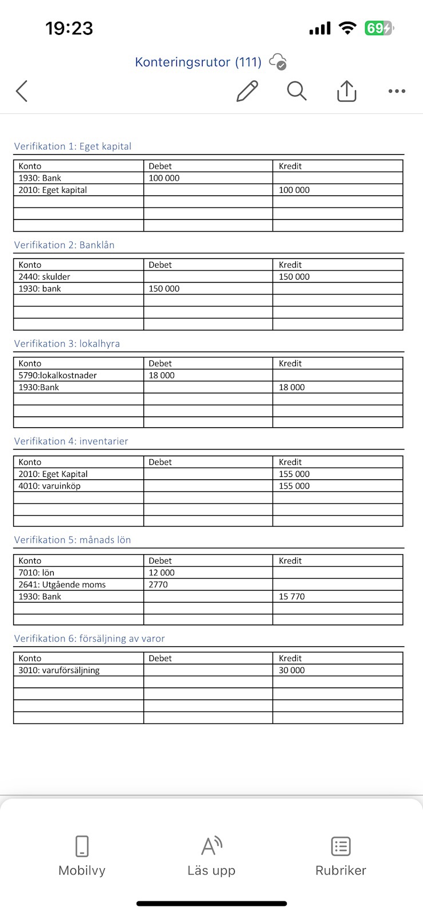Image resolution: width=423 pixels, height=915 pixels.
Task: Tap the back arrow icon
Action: [x=22, y=91]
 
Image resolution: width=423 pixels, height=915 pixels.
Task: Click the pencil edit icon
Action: [x=247, y=91]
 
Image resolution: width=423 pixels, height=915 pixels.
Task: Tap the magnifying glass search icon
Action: [x=297, y=91]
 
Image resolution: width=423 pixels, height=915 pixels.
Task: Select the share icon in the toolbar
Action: [x=346, y=91]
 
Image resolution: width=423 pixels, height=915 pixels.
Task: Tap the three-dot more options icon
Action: [x=397, y=91]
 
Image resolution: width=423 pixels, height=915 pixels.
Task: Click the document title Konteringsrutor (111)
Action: [x=198, y=62]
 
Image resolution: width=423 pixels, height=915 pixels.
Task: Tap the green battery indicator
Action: [x=378, y=28]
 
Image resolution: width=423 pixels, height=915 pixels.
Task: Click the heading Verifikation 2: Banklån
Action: [x=64, y=245]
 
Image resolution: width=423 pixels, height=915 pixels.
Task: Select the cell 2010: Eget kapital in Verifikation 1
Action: [x=53, y=190]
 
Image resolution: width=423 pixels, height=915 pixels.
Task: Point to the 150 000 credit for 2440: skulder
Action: [x=294, y=277]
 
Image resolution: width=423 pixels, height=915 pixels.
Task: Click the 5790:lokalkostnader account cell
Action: [x=58, y=375]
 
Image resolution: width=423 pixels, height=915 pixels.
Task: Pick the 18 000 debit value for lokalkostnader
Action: [x=162, y=375]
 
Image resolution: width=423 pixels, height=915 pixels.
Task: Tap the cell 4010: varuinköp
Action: [x=50, y=486]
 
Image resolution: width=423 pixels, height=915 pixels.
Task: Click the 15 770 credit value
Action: [x=292, y=596]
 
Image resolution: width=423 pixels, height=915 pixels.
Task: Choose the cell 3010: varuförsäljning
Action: [x=59, y=670]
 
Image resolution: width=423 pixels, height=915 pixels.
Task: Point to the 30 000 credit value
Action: [x=292, y=670]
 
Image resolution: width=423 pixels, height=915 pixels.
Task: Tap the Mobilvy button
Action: [x=82, y=856]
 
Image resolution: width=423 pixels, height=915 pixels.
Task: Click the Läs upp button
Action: [x=211, y=856]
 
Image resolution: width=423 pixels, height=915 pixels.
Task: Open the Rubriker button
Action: [x=341, y=856]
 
